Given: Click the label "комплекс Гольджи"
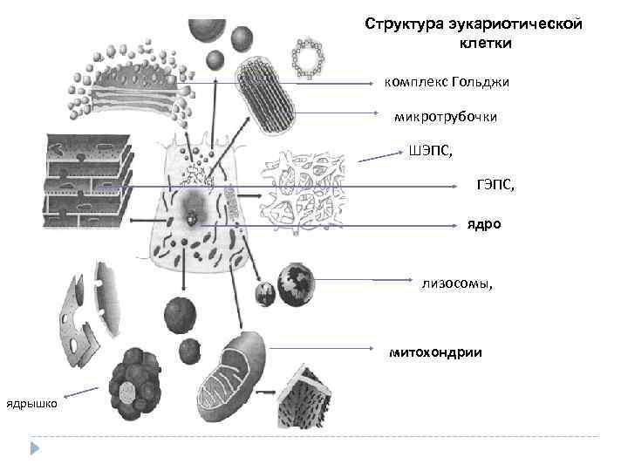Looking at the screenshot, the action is [x=447, y=82].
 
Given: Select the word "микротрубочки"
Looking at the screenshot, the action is [x=446, y=117].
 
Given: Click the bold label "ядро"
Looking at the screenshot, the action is [x=483, y=224].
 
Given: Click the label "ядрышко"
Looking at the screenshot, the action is [x=32, y=404].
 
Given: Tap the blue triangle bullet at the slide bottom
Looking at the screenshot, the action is [x=36, y=448].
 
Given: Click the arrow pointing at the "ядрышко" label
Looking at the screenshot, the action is [x=79, y=392].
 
